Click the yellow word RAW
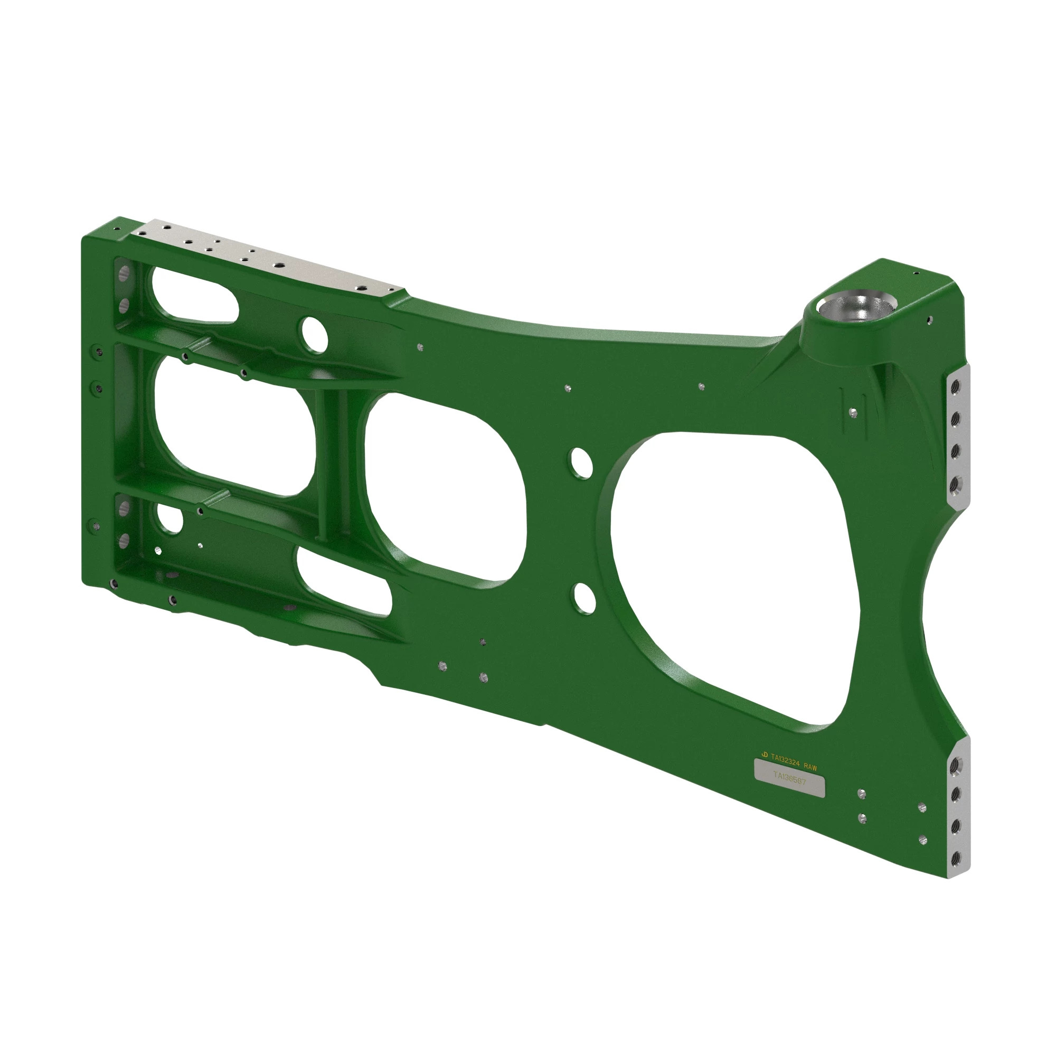point(810,767)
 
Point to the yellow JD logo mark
point(764,755)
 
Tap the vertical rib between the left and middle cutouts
point(333,465)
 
